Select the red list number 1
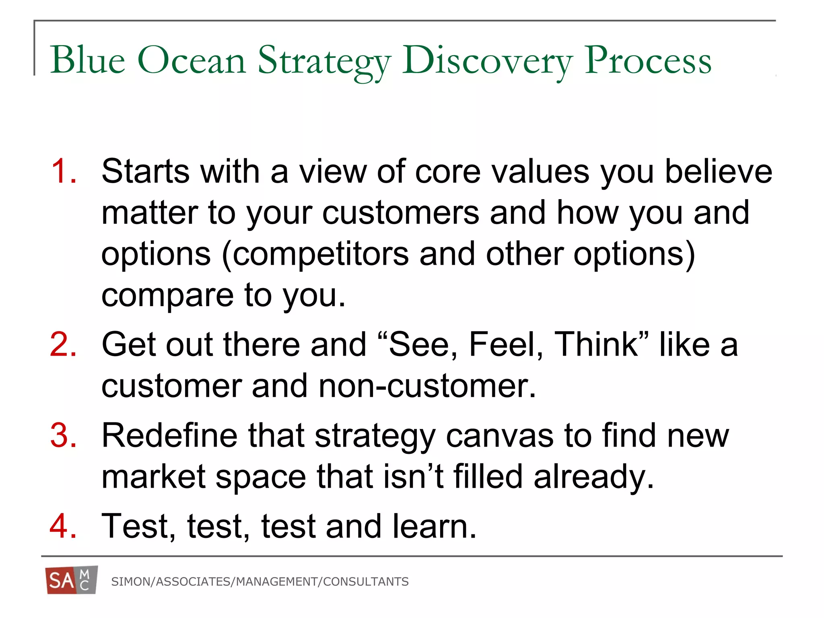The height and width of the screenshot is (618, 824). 63,171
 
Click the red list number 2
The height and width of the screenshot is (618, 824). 63,344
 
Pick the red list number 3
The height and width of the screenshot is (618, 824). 63,435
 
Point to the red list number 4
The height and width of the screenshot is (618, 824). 63,526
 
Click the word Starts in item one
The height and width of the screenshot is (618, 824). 145,171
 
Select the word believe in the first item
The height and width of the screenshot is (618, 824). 719,171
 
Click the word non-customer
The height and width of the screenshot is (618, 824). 427,386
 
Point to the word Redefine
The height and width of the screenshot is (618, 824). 169,435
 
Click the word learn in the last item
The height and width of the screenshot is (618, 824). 435,526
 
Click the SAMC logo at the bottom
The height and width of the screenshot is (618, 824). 72,580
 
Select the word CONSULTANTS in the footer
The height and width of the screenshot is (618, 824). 366,582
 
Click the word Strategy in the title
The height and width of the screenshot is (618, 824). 324,61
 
